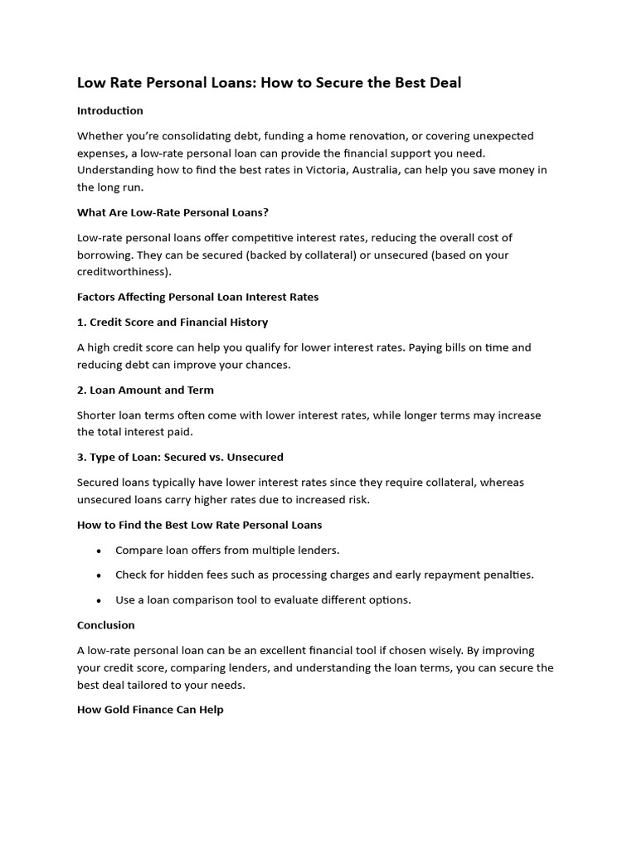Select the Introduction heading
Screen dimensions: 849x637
[110, 110]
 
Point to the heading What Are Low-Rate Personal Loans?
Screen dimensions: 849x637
[173, 212]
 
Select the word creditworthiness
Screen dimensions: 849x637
[122, 272]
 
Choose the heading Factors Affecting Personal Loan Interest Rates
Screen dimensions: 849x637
[197, 297]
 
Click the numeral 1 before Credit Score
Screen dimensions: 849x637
[80, 322]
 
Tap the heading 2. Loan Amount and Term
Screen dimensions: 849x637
[145, 390]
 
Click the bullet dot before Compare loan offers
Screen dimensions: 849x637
[99, 551]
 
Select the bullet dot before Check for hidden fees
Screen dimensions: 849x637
[99, 575]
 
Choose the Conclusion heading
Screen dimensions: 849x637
[106, 625]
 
